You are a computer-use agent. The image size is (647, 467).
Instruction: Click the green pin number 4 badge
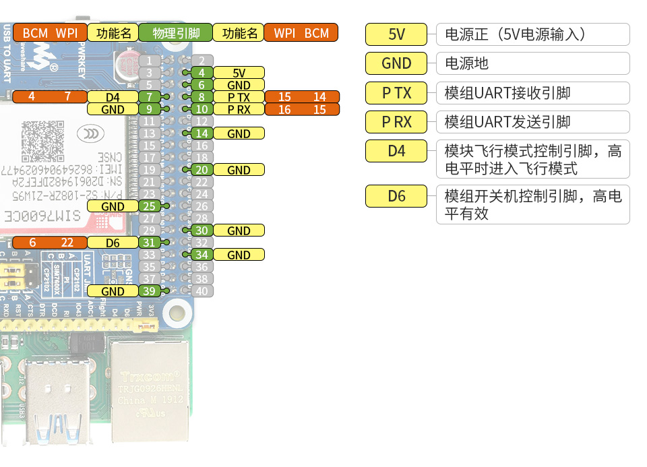click(202, 73)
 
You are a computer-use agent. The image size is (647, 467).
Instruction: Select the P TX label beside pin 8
click(239, 97)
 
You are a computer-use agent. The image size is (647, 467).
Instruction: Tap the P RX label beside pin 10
click(239, 109)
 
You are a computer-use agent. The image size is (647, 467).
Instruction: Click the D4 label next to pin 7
click(113, 97)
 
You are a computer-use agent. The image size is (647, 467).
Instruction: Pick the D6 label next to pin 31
click(113, 243)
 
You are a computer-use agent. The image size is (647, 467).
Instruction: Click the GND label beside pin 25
click(113, 206)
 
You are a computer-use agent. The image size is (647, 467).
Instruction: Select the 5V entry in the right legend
click(396, 34)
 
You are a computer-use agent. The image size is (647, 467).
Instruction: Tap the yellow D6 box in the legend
click(396, 196)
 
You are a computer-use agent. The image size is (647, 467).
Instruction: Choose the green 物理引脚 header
click(175, 33)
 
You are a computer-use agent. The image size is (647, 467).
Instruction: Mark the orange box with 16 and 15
click(301, 109)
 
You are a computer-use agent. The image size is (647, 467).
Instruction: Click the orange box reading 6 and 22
click(50, 243)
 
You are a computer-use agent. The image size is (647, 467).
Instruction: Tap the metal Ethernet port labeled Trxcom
click(150, 384)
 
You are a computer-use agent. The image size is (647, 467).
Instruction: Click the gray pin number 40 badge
click(202, 291)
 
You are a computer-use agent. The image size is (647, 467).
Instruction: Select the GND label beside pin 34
click(239, 255)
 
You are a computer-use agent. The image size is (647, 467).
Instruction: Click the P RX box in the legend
click(396, 122)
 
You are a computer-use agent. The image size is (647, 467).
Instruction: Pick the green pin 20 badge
click(202, 170)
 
